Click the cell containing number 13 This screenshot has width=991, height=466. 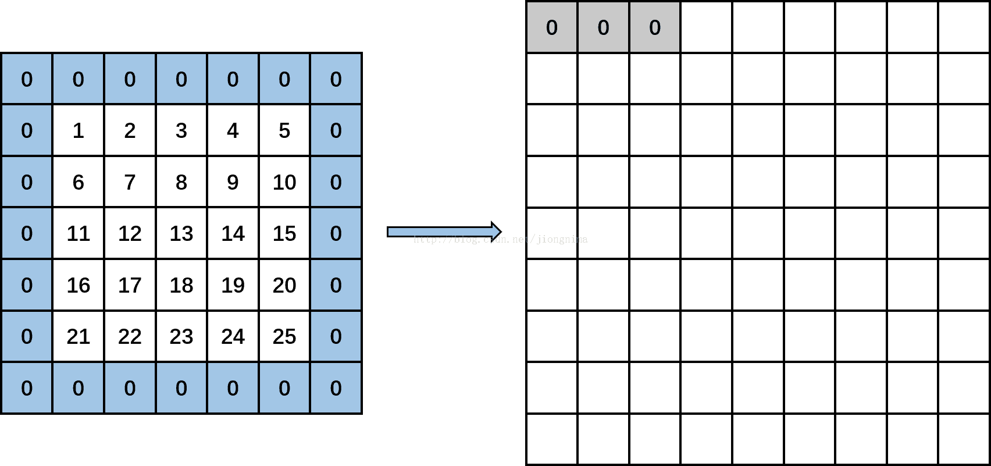click(181, 233)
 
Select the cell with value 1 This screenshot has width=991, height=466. click(78, 130)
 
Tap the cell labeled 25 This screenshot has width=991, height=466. click(284, 336)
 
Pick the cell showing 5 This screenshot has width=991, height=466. click(284, 130)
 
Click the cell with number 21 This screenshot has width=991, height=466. click(78, 336)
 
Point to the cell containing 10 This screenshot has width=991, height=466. click(284, 182)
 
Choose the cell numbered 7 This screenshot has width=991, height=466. click(130, 182)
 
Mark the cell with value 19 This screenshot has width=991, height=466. click(233, 285)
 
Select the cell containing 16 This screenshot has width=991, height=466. click(78, 285)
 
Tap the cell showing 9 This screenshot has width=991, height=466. click(233, 182)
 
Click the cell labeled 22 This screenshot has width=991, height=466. click(130, 336)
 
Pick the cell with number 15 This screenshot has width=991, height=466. click(284, 233)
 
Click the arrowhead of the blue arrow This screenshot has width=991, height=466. click(495, 232)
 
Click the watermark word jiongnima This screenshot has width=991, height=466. click(562, 239)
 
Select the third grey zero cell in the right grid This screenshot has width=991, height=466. click(655, 27)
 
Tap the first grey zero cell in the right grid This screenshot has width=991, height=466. click(552, 27)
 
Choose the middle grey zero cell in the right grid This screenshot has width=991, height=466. click(603, 27)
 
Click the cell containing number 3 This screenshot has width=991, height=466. click(181, 130)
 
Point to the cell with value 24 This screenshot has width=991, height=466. click(233, 336)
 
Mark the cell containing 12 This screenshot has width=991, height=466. click(130, 233)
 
